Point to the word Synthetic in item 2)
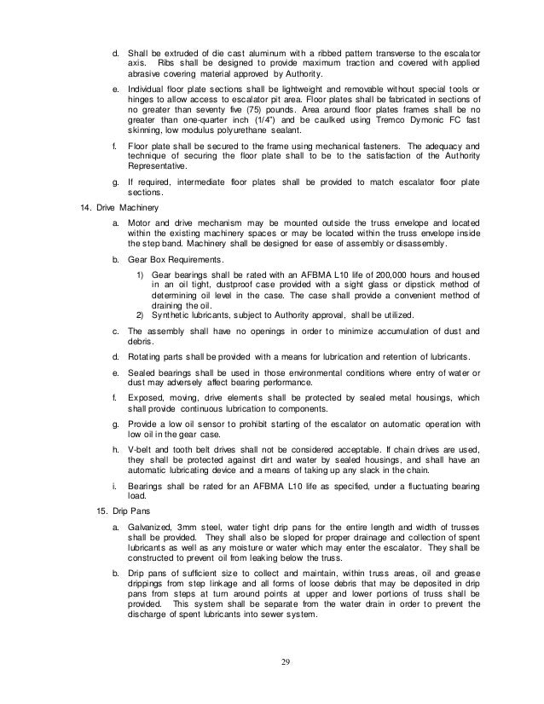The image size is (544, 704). [171, 313]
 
